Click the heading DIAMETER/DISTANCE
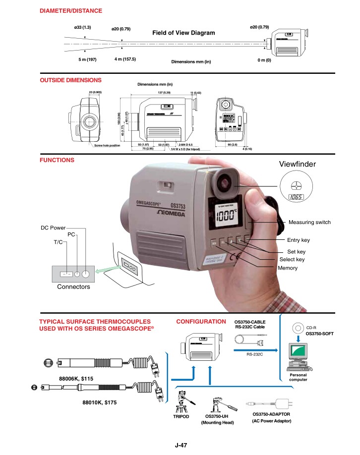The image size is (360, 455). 71,10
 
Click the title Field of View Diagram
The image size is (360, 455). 183,33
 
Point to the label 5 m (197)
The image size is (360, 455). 87,59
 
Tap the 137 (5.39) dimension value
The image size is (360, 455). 163,93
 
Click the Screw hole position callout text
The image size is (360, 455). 107,146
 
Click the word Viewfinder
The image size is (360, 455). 298,164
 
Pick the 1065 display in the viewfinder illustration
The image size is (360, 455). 296,197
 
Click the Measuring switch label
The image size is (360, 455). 309,222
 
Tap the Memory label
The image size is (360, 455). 288,268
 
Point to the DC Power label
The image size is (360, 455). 53,228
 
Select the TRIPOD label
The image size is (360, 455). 181,417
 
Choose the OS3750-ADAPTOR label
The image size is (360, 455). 271,414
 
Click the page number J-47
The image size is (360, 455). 180,445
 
